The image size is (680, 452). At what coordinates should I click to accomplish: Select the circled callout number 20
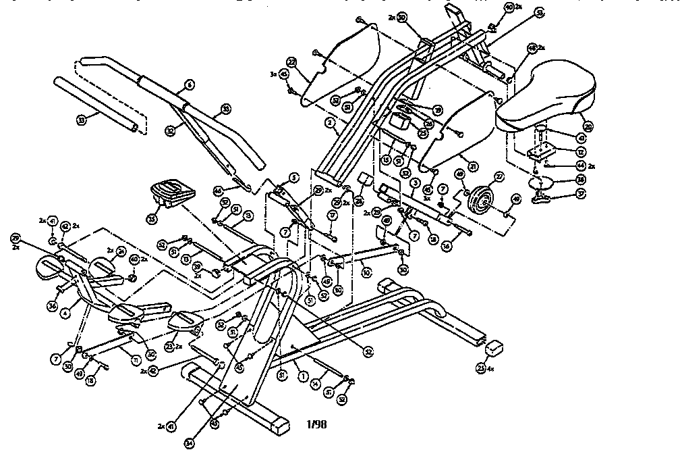588,126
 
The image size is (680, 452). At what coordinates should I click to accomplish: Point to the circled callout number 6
190,85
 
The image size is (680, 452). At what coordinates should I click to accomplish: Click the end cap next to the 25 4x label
496,347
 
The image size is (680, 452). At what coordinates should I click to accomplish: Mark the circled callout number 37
580,193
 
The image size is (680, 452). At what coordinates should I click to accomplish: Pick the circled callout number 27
500,176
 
